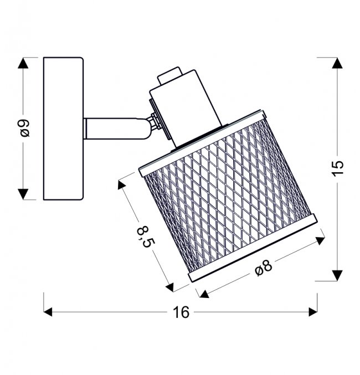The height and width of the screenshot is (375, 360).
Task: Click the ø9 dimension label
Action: [x=25, y=128]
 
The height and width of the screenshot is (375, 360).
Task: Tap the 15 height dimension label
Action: [x=337, y=168]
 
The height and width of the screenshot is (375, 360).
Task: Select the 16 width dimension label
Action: [x=181, y=312]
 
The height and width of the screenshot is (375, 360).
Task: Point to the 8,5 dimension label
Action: [x=146, y=237]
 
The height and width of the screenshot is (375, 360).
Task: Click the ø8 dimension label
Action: [x=264, y=268]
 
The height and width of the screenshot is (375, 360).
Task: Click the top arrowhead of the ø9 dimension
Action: [x=23, y=63]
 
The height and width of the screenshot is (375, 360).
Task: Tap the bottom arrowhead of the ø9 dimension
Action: [x=23, y=194]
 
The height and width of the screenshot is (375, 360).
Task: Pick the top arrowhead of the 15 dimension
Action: [x=337, y=63]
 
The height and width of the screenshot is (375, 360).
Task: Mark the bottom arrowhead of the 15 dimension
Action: [x=337, y=275]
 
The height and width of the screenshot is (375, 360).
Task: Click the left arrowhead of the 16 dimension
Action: [x=48, y=312]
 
